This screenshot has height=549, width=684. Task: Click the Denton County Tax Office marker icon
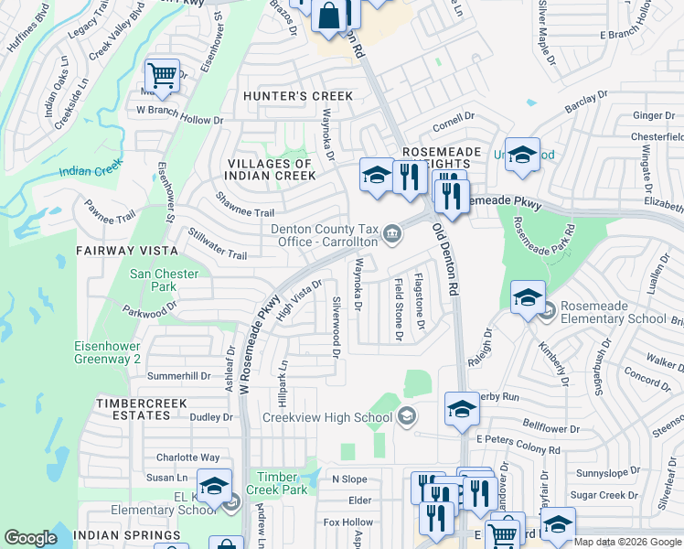392,235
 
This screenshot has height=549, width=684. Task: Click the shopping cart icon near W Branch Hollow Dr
162,75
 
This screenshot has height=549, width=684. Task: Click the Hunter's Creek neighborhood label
284,95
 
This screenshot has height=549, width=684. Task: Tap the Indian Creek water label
91,170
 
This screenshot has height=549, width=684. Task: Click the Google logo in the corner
31,538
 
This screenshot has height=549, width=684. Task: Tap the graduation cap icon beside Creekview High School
462,410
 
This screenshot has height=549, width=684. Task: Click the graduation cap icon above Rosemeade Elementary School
528,297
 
